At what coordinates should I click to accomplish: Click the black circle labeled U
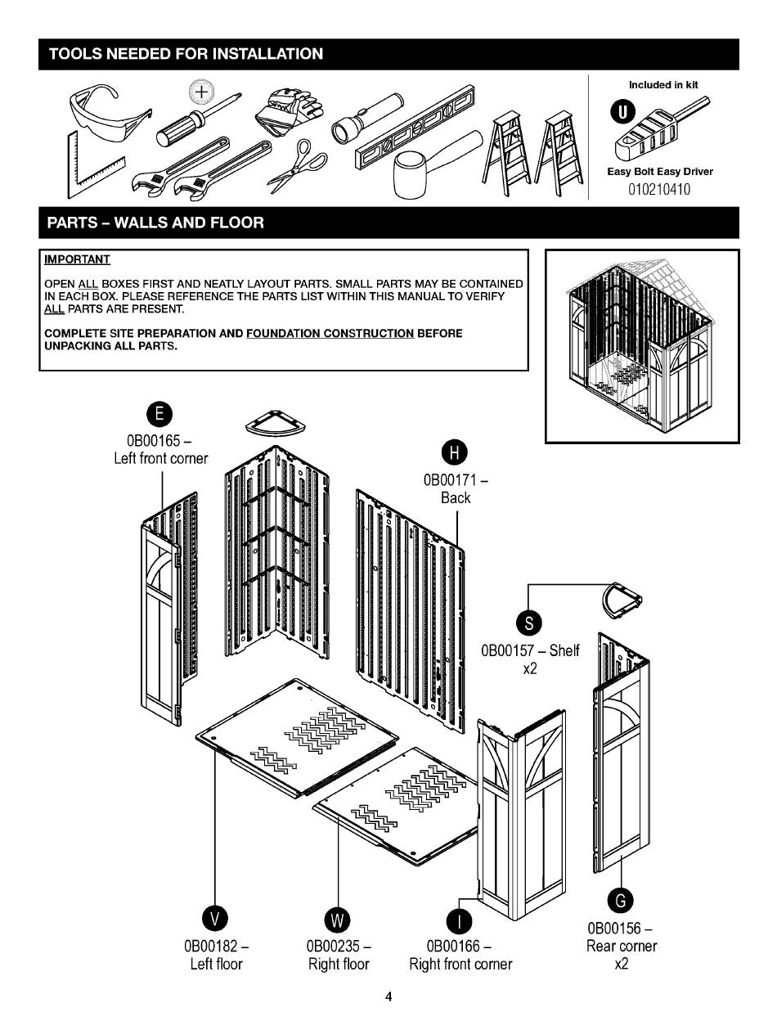(x=622, y=112)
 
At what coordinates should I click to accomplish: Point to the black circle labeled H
(x=456, y=452)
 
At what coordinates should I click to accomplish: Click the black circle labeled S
(x=530, y=623)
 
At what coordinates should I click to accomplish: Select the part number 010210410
(x=659, y=190)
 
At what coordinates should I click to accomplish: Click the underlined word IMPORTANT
(x=77, y=259)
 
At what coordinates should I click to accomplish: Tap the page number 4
(x=388, y=996)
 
